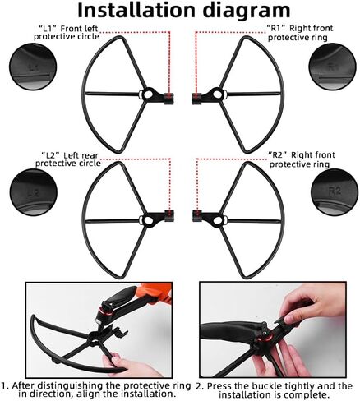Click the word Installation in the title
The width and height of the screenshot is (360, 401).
(136, 10)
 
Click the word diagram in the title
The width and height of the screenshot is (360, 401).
(247, 11)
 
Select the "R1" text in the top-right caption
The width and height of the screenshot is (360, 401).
(276, 28)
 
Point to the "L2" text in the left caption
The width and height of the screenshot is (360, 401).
(51, 155)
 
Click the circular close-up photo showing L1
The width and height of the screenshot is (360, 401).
(34, 67)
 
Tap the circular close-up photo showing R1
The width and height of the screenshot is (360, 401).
(333, 67)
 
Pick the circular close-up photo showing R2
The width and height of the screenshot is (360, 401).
(335, 191)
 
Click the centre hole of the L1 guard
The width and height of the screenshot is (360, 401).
(148, 94)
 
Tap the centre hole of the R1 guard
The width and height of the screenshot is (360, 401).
(218, 94)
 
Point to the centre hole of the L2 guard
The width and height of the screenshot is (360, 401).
(148, 219)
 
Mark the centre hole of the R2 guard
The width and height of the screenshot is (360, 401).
(218, 219)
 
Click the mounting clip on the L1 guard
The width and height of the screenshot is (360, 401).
(169, 99)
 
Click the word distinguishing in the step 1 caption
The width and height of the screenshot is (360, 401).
(71, 386)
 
